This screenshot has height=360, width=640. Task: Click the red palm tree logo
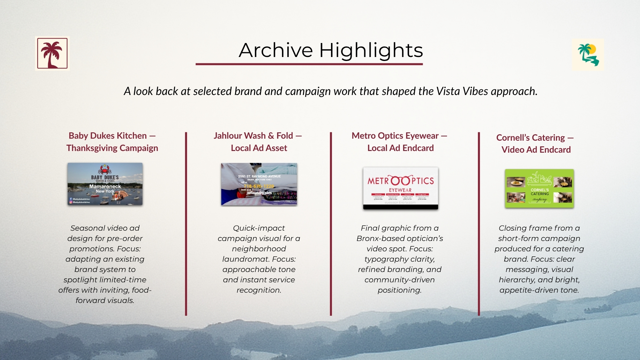52,53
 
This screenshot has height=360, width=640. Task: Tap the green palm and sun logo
588,55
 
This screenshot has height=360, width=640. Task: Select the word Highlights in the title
371,50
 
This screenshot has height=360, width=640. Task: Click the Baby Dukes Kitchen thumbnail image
105,184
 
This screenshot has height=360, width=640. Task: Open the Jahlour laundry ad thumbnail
259,184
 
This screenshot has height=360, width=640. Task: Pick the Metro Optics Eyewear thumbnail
400,188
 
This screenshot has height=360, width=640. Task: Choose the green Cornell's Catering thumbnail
539,188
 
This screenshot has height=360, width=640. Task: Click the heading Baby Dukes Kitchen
107,136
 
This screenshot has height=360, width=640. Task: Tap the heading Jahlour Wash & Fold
253,136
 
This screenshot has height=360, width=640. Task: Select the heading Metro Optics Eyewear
395,136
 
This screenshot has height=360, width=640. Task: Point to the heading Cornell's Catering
530,138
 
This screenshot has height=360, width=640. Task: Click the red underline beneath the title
309,64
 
